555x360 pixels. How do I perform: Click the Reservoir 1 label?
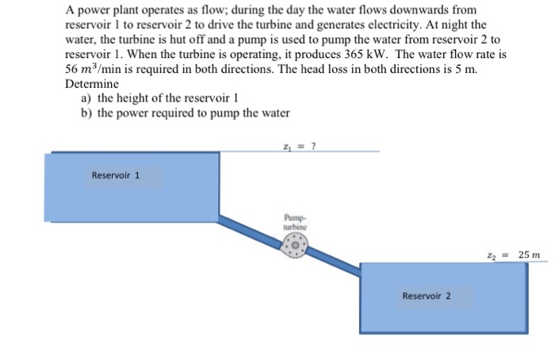pyautogui.click(x=116, y=175)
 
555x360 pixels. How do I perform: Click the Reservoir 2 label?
pyautogui.click(x=427, y=296)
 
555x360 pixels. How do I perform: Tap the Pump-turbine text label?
pyautogui.click(x=294, y=220)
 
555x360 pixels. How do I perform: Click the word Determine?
pyautogui.click(x=92, y=82)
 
